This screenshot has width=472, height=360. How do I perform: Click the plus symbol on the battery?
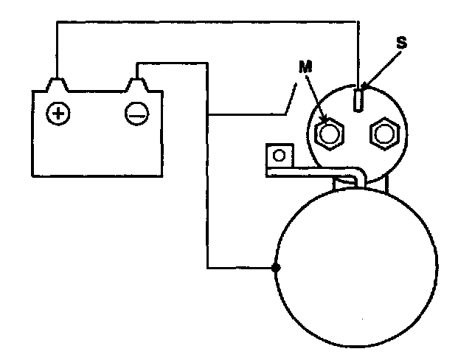58,113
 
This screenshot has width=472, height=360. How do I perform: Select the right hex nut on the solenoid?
383,134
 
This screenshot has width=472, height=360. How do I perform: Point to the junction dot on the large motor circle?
276,267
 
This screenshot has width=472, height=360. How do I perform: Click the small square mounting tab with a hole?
278,156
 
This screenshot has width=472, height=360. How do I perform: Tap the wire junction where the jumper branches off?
209,114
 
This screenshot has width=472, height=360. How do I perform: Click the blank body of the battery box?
96,148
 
